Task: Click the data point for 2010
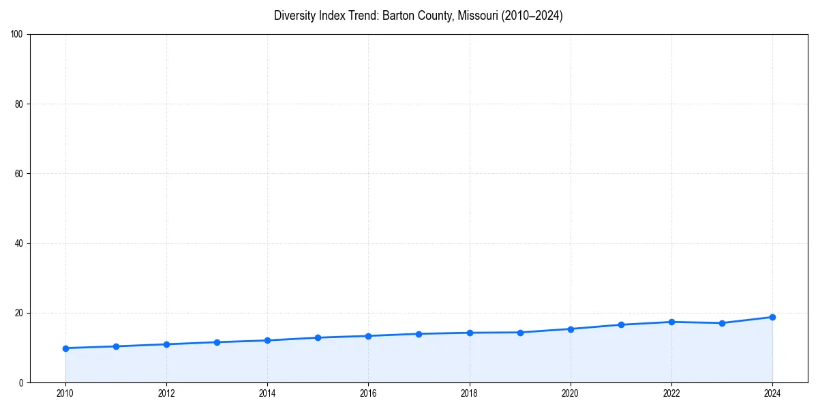click(65, 348)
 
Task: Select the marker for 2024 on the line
click(772, 317)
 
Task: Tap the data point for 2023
click(722, 323)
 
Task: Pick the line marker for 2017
click(419, 334)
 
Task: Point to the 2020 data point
click(571, 329)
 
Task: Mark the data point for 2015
click(318, 337)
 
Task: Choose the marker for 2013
click(217, 342)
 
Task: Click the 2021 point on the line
click(621, 324)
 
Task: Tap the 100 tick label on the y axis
click(17, 35)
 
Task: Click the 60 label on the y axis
click(19, 174)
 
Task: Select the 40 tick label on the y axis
click(19, 243)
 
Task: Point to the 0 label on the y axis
click(21, 382)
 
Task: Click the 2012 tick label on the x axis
click(166, 393)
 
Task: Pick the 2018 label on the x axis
click(469, 393)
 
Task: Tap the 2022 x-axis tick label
click(671, 393)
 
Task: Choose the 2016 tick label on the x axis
click(368, 393)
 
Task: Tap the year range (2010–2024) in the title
click(532, 16)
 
